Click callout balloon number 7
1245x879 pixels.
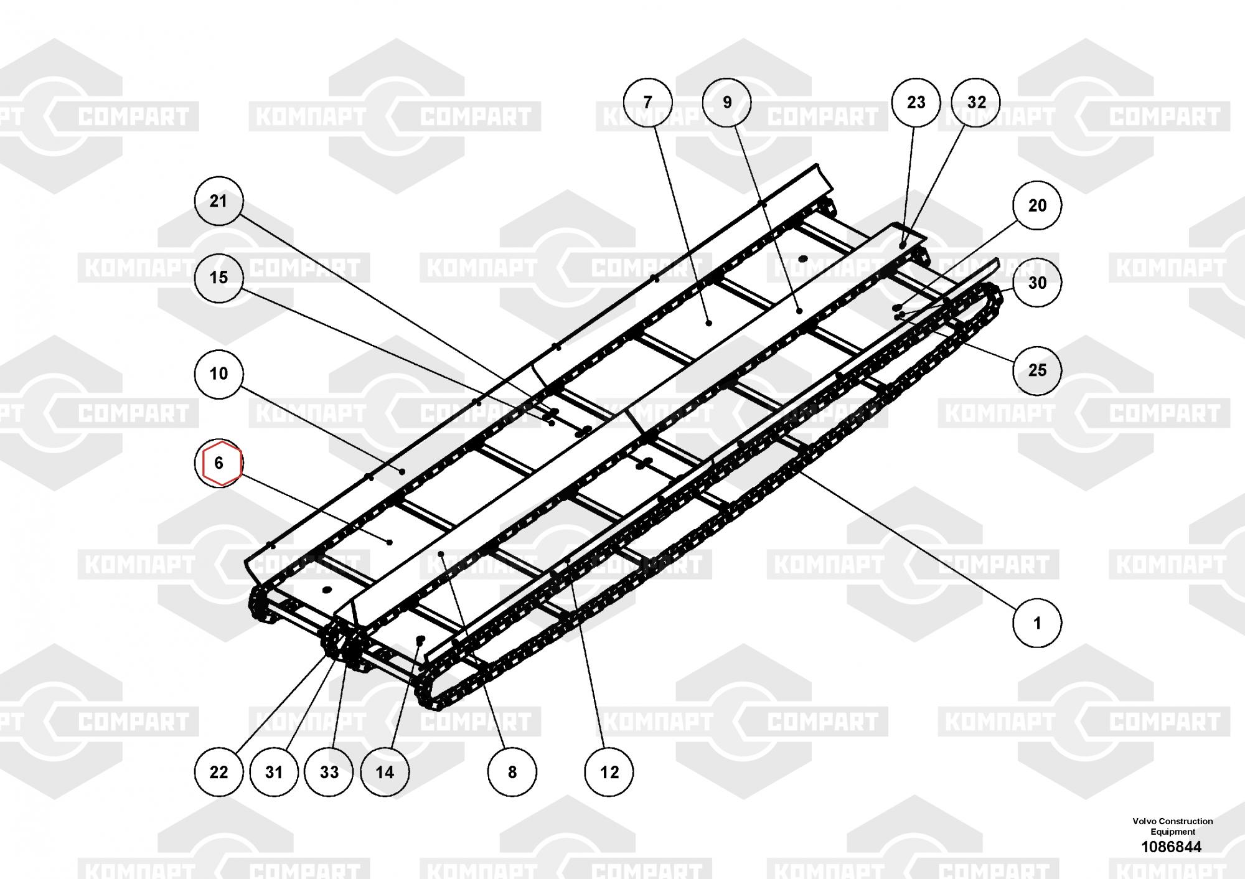pyautogui.click(x=648, y=102)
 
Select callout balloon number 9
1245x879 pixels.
pyautogui.click(x=727, y=102)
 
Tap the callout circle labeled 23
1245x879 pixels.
pyautogui.click(x=916, y=102)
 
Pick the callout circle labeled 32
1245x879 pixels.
pyautogui.click(x=977, y=102)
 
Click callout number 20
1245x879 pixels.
pyautogui.click(x=1037, y=205)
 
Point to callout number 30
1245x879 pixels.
pyautogui.click(x=1037, y=283)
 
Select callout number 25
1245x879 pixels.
pyautogui.click(x=1037, y=370)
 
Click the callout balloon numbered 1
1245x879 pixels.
pyautogui.click(x=1037, y=623)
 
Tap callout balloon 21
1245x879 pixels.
pyautogui.click(x=218, y=201)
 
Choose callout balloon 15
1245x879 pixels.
pyautogui.click(x=218, y=278)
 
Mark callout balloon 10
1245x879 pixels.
pyautogui.click(x=218, y=374)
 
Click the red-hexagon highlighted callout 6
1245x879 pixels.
pyautogui.click(x=218, y=463)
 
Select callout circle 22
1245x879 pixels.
pyautogui.click(x=218, y=772)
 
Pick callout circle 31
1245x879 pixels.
pyautogui.click(x=274, y=772)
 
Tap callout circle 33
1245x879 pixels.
pyautogui.click(x=329, y=772)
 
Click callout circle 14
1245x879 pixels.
pyautogui.click(x=385, y=772)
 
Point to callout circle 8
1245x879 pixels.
pyautogui.click(x=512, y=772)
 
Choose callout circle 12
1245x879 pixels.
pyautogui.click(x=609, y=772)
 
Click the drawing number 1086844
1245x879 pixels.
pyautogui.click(x=1171, y=847)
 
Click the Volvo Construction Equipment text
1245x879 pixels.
pyautogui.click(x=1173, y=826)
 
